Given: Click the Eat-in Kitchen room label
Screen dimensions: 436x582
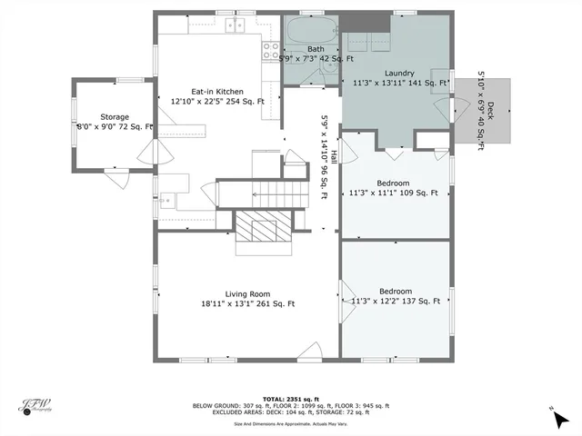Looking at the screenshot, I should tap(216, 91).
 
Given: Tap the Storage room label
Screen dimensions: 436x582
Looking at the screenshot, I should tap(115, 117).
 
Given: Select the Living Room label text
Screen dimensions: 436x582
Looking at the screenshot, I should tap(248, 293).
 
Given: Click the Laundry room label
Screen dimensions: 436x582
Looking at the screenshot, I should tap(400, 72).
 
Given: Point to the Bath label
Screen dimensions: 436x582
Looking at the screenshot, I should tap(316, 49).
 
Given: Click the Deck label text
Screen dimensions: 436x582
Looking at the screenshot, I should tap(489, 111).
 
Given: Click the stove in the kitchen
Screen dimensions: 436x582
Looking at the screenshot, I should tap(270, 51).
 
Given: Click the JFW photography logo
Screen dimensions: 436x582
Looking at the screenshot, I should tap(37, 406).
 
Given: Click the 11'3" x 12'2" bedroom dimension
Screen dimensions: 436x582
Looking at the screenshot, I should tap(395, 302).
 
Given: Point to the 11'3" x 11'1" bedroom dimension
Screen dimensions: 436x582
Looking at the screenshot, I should tap(394, 193).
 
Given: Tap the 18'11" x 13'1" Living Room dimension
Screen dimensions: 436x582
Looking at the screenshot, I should tap(247, 304).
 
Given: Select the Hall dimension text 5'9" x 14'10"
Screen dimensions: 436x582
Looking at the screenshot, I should tap(323, 158).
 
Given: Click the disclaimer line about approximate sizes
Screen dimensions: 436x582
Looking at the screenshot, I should tap(291, 423).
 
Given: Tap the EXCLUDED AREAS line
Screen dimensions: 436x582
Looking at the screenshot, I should tap(291, 412).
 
